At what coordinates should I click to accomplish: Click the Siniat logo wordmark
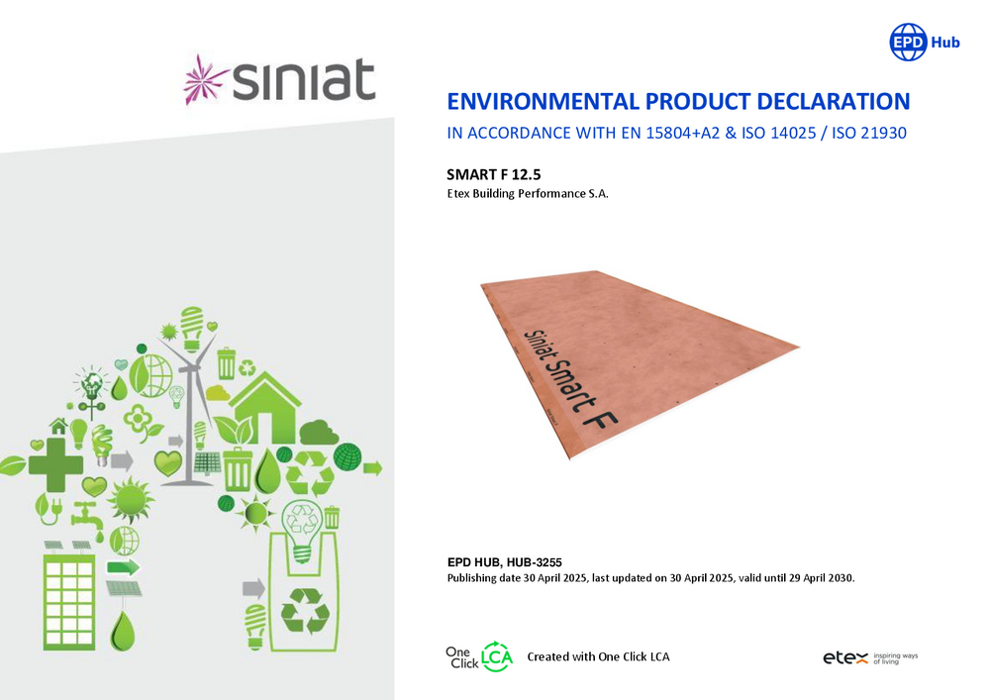(304, 79)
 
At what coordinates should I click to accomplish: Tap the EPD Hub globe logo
(908, 43)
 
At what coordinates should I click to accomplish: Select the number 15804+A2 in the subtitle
(682, 134)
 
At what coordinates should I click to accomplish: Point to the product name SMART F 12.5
(494, 175)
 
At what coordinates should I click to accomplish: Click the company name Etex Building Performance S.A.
(528, 194)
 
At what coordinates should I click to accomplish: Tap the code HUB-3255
(535, 562)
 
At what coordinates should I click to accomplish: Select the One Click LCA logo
(479, 657)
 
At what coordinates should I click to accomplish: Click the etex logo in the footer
(845, 658)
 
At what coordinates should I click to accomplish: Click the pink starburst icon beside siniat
(205, 79)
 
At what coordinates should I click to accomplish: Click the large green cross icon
(55, 465)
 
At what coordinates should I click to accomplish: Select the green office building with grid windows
(69, 601)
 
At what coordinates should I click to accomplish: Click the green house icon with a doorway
(265, 408)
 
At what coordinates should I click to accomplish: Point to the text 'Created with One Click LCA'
(599, 657)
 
